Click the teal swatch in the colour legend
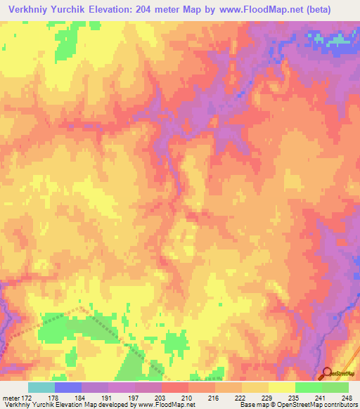point(41,387)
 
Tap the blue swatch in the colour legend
point(68,387)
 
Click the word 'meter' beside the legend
point(10,398)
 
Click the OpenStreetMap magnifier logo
point(328,373)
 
